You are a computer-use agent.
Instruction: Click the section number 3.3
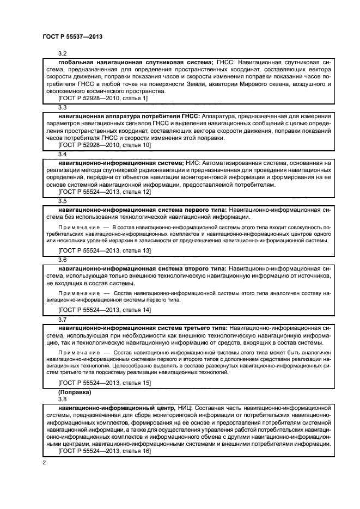[x=62, y=107]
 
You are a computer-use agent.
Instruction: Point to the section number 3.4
[x=62, y=154]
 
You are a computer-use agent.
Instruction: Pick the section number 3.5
[x=62, y=201]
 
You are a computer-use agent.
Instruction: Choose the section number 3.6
[x=62, y=260]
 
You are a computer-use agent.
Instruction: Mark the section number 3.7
[x=62, y=319]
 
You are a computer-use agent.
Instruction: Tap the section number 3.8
[x=62, y=398]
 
